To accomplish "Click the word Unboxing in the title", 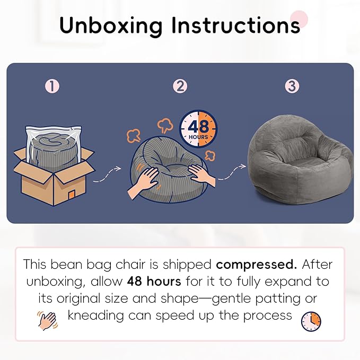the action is [x=111, y=26].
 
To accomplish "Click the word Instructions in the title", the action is [x=236, y=25].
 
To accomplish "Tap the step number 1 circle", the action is [x=52, y=86].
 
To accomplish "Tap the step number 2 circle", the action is [x=180, y=86].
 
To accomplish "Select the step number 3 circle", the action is [x=292, y=86].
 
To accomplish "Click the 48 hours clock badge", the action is [x=198, y=129].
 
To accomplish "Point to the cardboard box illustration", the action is [x=54, y=175].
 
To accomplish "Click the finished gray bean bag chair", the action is [x=301, y=161].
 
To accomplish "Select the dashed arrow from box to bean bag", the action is [x=107, y=175].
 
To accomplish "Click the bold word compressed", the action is [x=256, y=265].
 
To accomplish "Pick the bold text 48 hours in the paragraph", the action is [x=154, y=281].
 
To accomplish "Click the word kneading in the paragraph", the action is [x=96, y=315].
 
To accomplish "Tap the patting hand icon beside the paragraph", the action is [x=47, y=321].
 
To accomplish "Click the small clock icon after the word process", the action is [x=311, y=321].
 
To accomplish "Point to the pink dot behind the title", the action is [x=298, y=19].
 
